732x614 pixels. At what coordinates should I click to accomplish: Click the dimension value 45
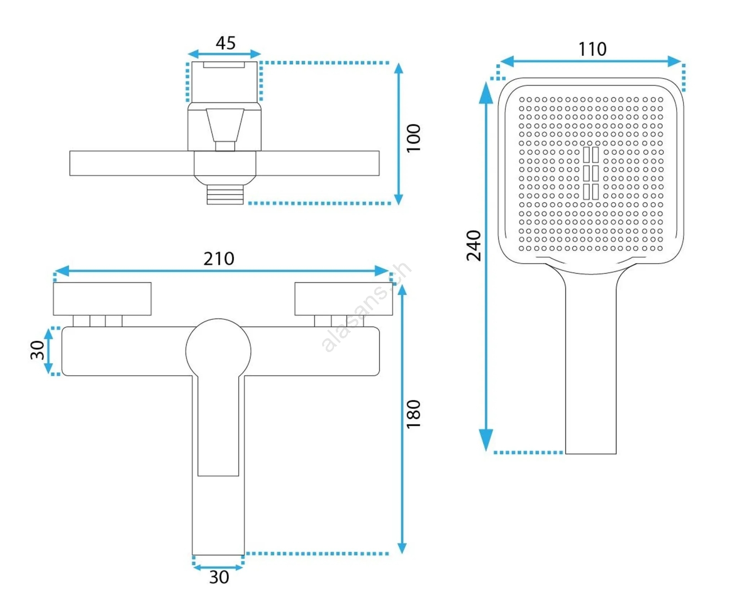click(x=226, y=43)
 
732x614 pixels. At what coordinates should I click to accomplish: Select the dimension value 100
click(x=413, y=138)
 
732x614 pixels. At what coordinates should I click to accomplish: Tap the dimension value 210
click(x=219, y=259)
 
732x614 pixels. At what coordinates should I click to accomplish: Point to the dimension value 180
click(x=413, y=414)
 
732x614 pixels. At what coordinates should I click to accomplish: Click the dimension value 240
click(x=474, y=245)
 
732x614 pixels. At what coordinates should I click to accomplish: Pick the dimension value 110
click(x=592, y=49)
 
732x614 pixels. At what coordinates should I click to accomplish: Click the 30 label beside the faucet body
click(x=37, y=350)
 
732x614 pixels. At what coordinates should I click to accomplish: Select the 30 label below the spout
click(x=219, y=577)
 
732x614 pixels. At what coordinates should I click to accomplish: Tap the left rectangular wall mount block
click(x=102, y=299)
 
